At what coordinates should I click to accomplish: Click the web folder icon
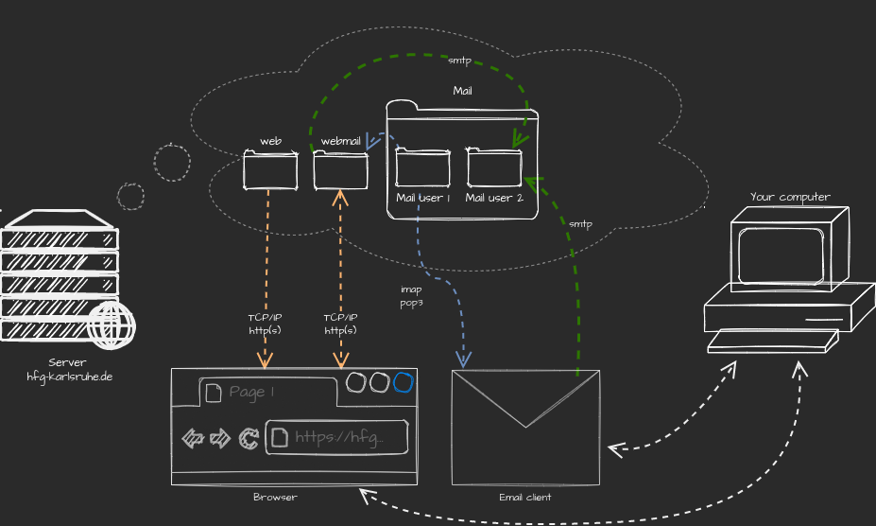[x=270, y=171]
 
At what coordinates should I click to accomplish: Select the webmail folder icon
[x=340, y=171]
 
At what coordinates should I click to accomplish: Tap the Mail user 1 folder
[x=422, y=168]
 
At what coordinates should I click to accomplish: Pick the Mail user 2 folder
[x=493, y=168]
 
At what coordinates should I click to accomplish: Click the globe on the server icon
[x=112, y=325]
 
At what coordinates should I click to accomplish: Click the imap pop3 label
[x=411, y=296]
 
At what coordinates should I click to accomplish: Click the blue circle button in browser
[x=404, y=382]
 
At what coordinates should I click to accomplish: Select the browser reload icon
[x=249, y=437]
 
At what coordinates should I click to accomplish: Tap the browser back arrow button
[x=193, y=437]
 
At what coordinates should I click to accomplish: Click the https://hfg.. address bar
[x=337, y=437]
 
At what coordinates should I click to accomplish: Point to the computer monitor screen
[x=784, y=255]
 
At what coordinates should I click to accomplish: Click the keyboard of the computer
[x=773, y=341]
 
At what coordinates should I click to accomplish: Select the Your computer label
[x=790, y=197]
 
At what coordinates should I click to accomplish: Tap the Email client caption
[x=524, y=498]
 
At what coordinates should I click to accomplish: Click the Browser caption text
[x=275, y=498]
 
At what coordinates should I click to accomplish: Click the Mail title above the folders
[x=462, y=91]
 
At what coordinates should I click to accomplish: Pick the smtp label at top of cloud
[x=459, y=61]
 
